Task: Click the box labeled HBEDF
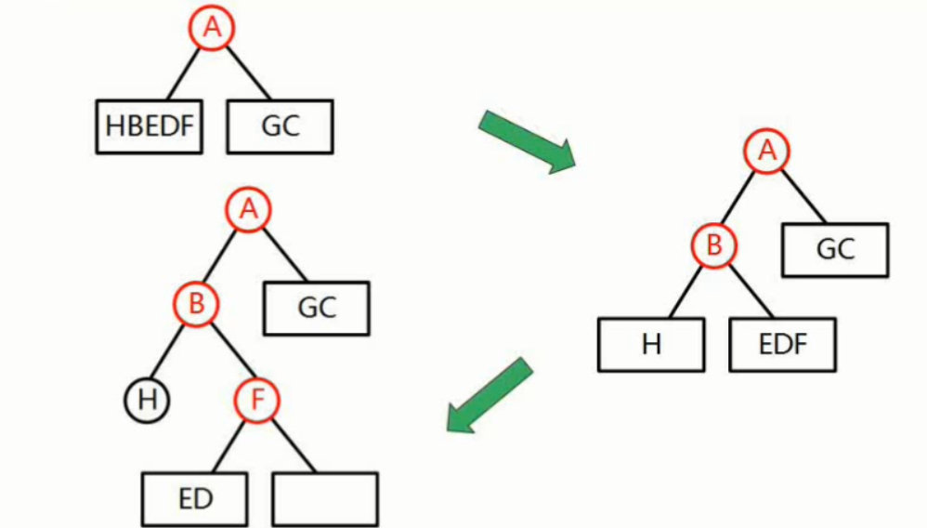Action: (150, 126)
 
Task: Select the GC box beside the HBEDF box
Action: (280, 126)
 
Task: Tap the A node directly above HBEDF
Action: (213, 28)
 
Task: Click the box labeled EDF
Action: (782, 345)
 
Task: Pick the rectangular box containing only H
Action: (651, 345)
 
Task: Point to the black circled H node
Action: (146, 401)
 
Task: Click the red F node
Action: (255, 401)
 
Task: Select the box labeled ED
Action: (195, 499)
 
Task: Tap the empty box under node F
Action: (325, 499)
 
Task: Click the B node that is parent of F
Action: (197, 303)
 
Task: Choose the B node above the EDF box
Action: (714, 246)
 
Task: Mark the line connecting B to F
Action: (227, 352)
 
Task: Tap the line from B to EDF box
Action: (751, 292)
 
